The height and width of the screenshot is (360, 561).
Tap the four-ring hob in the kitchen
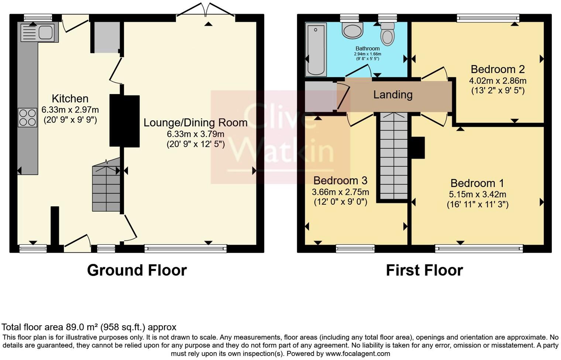tap(27, 118)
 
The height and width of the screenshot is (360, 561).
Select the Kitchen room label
tap(70, 99)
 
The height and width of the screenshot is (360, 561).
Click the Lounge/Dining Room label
tap(195, 123)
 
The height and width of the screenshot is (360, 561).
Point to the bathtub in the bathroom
tap(316, 49)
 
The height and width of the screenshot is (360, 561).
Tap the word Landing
tap(393, 95)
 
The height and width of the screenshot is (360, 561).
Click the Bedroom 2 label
tap(498, 69)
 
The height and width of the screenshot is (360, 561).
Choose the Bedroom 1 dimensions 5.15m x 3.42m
tap(477, 194)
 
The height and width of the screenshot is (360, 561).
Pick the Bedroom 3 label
tap(340, 180)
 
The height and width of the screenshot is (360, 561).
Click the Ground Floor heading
tap(137, 270)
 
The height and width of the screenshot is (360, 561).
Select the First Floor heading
tap(424, 270)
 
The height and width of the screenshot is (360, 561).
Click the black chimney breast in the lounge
tap(124, 121)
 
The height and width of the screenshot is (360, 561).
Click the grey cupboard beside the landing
tap(320, 96)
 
